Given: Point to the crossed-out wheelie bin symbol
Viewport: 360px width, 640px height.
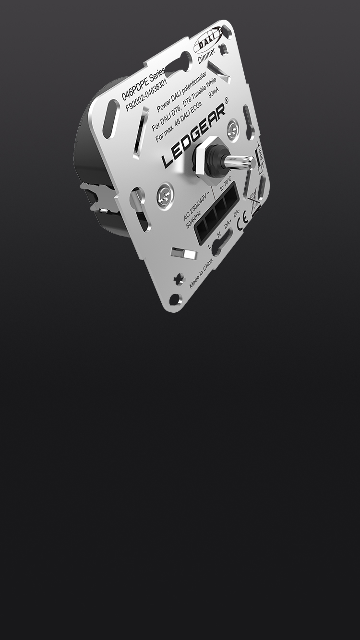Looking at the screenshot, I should click(253, 197).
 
